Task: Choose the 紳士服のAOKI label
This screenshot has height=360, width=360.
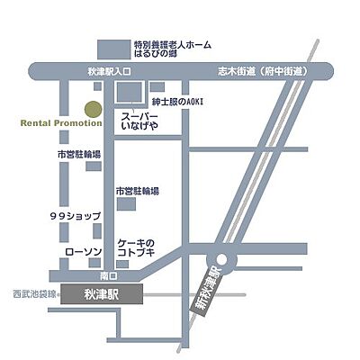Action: (179, 102)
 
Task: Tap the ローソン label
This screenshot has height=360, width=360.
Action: (84, 253)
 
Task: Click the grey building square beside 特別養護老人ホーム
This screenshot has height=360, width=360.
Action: (112, 47)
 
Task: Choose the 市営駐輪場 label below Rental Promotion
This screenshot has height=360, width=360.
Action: (78, 155)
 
